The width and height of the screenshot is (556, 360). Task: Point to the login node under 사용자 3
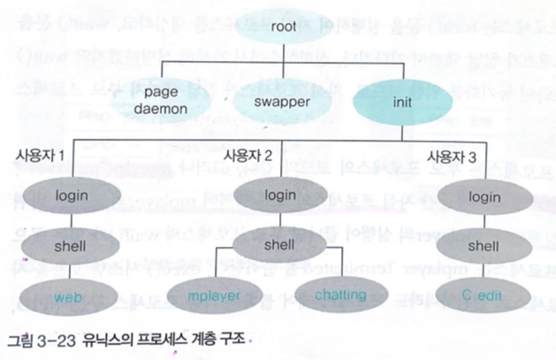pyautogui.click(x=484, y=194)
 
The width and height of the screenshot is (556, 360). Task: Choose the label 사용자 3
pyautogui.click(x=453, y=156)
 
